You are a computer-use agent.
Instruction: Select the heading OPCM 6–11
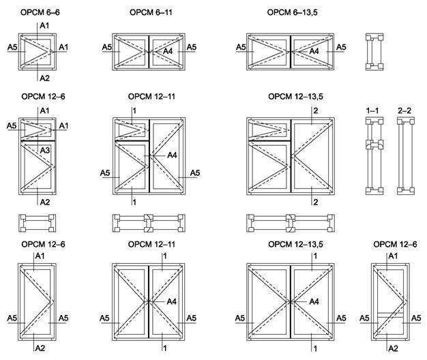coord(149,13)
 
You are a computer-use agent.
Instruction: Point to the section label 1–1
coord(372,109)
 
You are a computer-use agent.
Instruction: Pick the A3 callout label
coord(46,149)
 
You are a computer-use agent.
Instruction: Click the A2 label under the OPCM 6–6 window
coord(45,78)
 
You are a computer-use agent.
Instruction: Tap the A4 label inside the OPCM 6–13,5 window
coord(314,51)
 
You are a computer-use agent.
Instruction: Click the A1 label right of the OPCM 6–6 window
coord(64,47)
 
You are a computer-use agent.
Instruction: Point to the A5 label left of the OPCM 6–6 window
coord(12,47)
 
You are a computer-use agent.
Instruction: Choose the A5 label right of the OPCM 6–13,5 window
coord(341,47)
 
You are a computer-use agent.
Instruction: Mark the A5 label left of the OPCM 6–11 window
coord(107,47)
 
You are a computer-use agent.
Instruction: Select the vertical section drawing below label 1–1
coord(372,155)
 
